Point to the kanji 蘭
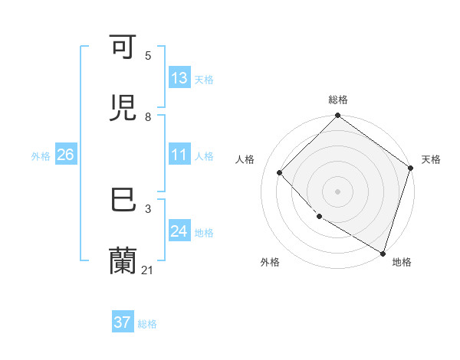123,260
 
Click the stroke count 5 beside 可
148,56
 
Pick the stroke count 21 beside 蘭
148,270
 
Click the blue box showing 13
179,78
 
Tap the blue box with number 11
179,155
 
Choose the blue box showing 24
179,231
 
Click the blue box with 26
65,155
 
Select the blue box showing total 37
122,322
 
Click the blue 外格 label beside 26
41,155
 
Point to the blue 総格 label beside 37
147,324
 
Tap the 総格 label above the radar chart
337,100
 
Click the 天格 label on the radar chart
431,159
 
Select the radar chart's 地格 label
402,262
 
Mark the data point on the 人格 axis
280,172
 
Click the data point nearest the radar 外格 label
320,216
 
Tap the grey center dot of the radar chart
337,191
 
